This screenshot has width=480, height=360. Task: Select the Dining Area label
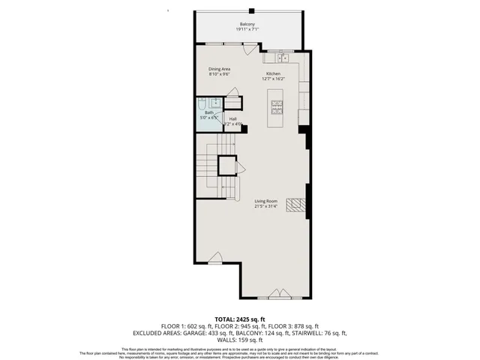[219, 68]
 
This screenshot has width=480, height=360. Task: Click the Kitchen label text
[272, 73]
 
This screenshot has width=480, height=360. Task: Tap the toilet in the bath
[216, 103]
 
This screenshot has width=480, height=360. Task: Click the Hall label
[233, 118]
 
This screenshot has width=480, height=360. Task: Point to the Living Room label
[265, 201]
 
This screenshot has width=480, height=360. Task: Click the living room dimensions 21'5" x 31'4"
[265, 207]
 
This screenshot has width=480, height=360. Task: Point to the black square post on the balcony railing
[252, 10]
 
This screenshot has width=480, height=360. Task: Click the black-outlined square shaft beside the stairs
[226, 165]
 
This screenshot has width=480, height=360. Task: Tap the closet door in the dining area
[233, 93]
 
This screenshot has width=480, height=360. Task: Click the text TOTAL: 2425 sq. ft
[240, 319]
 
